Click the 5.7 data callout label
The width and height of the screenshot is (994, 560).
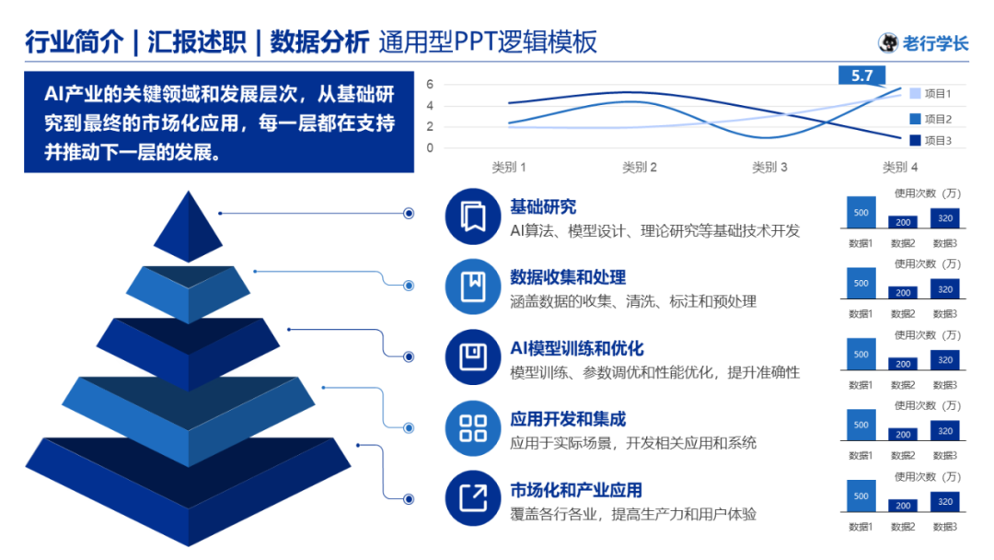[x=861, y=76]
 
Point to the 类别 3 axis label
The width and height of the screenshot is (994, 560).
[x=769, y=168]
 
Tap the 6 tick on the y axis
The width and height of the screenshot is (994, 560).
[x=430, y=85]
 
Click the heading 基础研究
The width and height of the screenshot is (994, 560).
[x=543, y=207]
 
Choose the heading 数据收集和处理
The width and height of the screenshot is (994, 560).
[x=568, y=277]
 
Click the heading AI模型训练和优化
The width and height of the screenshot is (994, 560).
[x=577, y=348]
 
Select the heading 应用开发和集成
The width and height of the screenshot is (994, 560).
[x=568, y=419]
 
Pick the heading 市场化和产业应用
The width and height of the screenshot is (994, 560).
[x=576, y=490]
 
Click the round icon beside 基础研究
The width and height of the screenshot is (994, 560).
[x=472, y=216]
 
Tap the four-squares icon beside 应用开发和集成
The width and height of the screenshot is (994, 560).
[x=472, y=428]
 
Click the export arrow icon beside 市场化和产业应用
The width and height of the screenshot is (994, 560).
[x=472, y=499]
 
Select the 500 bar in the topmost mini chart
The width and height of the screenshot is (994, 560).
[x=861, y=213]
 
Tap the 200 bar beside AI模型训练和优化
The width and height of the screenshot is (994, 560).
[x=903, y=364]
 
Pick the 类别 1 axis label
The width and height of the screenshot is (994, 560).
[x=509, y=168]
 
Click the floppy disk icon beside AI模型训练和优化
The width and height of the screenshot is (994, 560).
[x=472, y=357]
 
